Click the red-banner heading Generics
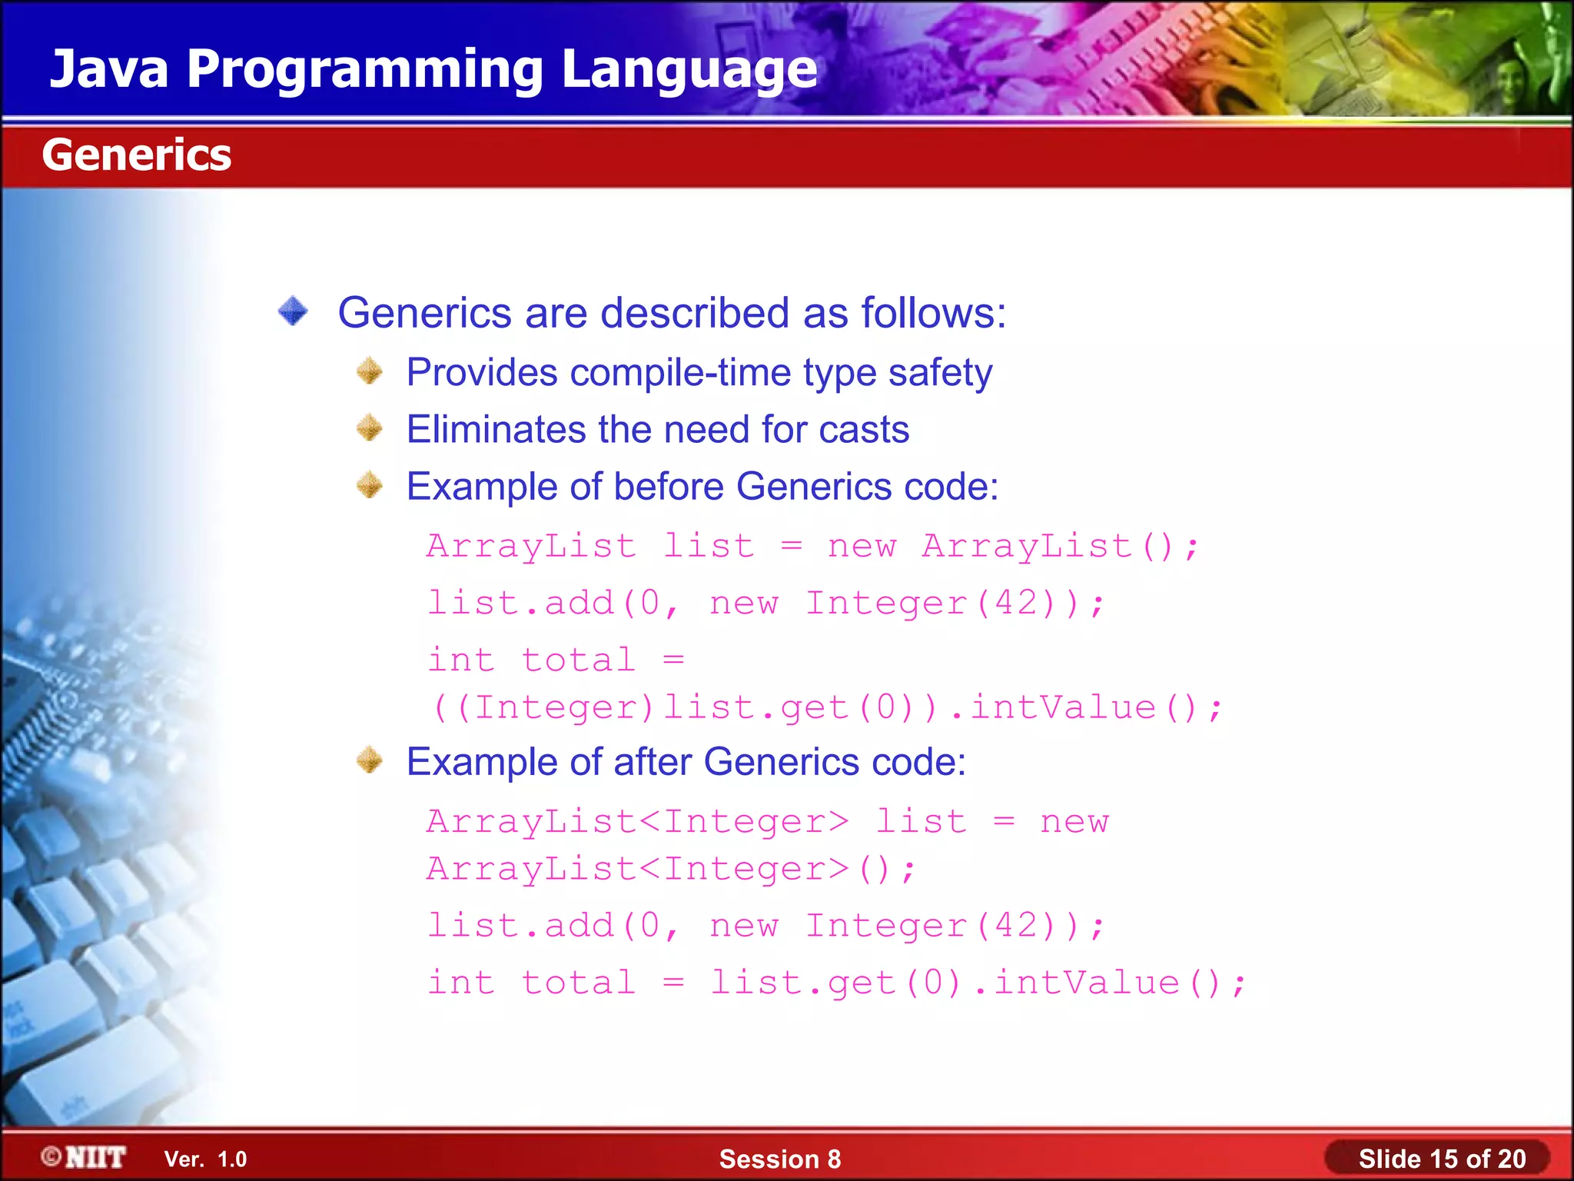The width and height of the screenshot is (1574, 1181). point(136,155)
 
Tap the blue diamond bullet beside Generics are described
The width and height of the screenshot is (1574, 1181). point(293,312)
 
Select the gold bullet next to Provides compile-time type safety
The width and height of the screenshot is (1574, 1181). point(370,371)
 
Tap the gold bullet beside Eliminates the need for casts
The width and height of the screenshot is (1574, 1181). point(370,428)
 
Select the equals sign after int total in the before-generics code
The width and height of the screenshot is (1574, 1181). point(673,660)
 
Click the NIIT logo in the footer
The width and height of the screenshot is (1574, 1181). point(85,1157)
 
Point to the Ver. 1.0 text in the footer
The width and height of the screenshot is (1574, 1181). point(205,1159)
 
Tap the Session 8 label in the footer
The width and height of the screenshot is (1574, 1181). point(779,1159)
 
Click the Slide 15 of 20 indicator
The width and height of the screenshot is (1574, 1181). point(1441,1159)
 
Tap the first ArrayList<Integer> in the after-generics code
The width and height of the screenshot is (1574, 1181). point(637,821)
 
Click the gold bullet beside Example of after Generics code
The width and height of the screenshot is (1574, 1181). point(370,760)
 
